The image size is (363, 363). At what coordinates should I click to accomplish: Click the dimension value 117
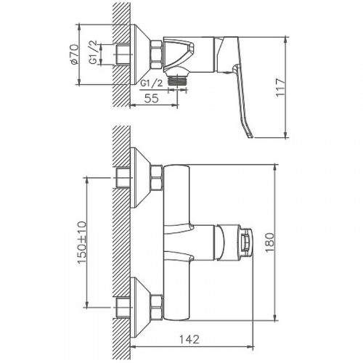(x=281, y=87)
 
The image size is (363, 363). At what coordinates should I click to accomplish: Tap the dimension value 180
(x=270, y=242)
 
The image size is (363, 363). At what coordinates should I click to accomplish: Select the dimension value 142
(x=189, y=339)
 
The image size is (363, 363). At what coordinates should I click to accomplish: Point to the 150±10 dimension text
(x=81, y=242)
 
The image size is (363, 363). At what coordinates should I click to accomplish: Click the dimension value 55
(x=152, y=98)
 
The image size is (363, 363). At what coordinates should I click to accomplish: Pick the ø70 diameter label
(x=74, y=54)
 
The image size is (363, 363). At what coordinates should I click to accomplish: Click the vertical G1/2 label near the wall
(x=93, y=52)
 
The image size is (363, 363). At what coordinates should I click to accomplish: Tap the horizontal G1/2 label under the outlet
(x=152, y=83)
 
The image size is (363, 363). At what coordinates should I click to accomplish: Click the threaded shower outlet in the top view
(x=178, y=80)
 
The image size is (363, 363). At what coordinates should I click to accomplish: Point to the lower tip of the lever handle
(x=250, y=137)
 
